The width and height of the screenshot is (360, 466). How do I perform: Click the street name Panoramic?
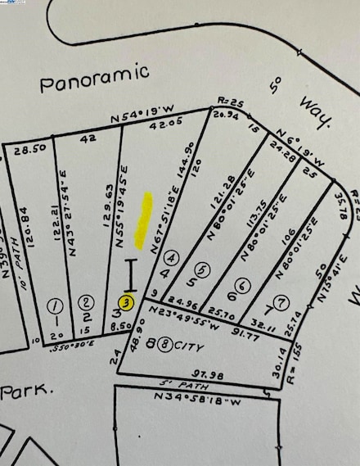[95, 76]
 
